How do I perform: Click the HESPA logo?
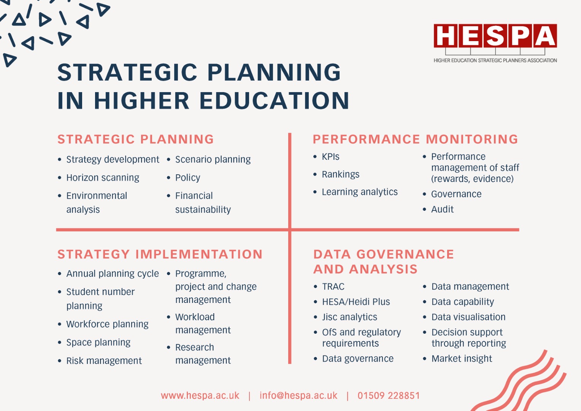[x=495, y=43]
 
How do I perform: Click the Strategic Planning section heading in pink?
[x=136, y=139]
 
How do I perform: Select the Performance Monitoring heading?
[x=415, y=139]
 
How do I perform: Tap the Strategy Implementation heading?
[x=160, y=254]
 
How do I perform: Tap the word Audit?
[x=442, y=209]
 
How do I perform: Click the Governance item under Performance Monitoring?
[x=456, y=194]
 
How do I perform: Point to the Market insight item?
[x=462, y=358]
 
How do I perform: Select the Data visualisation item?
[x=468, y=317]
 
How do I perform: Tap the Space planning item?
[x=98, y=342]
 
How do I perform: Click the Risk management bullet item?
[x=104, y=361]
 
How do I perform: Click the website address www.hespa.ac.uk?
[x=200, y=395]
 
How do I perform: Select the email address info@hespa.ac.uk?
[x=298, y=395]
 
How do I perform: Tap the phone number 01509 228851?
[x=389, y=395]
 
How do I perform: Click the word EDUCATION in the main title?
[x=275, y=100]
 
